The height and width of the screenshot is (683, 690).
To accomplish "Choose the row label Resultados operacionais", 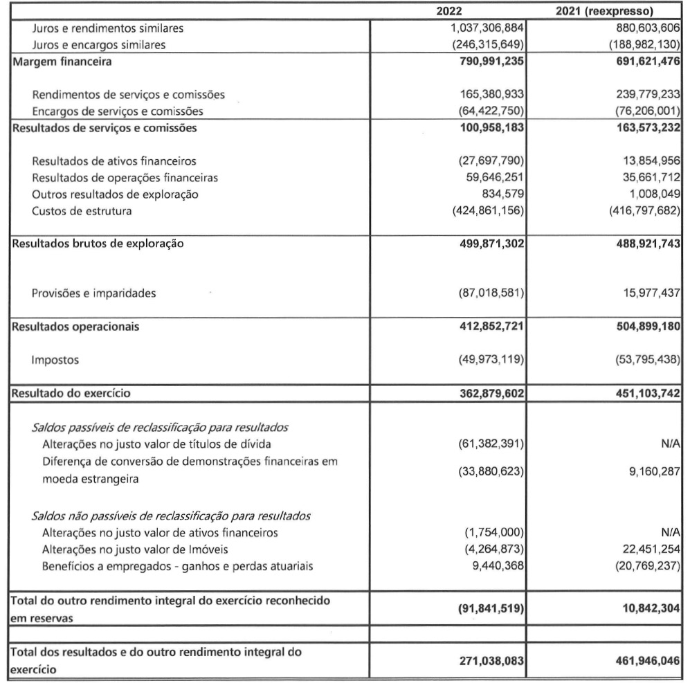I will pyautogui.click(x=68, y=327).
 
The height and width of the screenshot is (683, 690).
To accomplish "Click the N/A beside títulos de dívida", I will pyautogui.click(x=668, y=444).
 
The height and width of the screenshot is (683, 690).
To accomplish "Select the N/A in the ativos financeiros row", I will pyautogui.click(x=668, y=532).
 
